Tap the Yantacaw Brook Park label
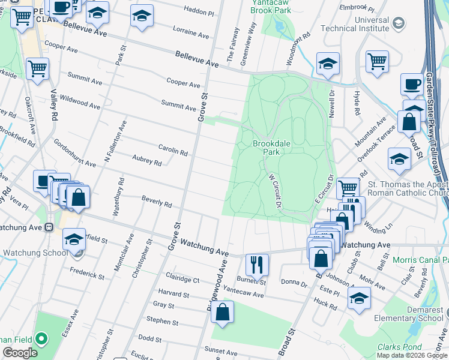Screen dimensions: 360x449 click(x=271, y=7)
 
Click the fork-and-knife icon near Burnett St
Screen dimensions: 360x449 click(x=257, y=263)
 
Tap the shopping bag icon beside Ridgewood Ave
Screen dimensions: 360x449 click(x=222, y=311)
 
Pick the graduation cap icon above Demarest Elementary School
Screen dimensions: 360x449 click(x=359, y=298)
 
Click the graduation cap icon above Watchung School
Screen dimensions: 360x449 click(x=74, y=238)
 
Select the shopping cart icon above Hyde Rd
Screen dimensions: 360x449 click(x=377, y=61)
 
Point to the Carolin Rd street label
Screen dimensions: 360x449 click(x=173, y=150)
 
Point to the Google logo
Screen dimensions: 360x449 click(x=20, y=353)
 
